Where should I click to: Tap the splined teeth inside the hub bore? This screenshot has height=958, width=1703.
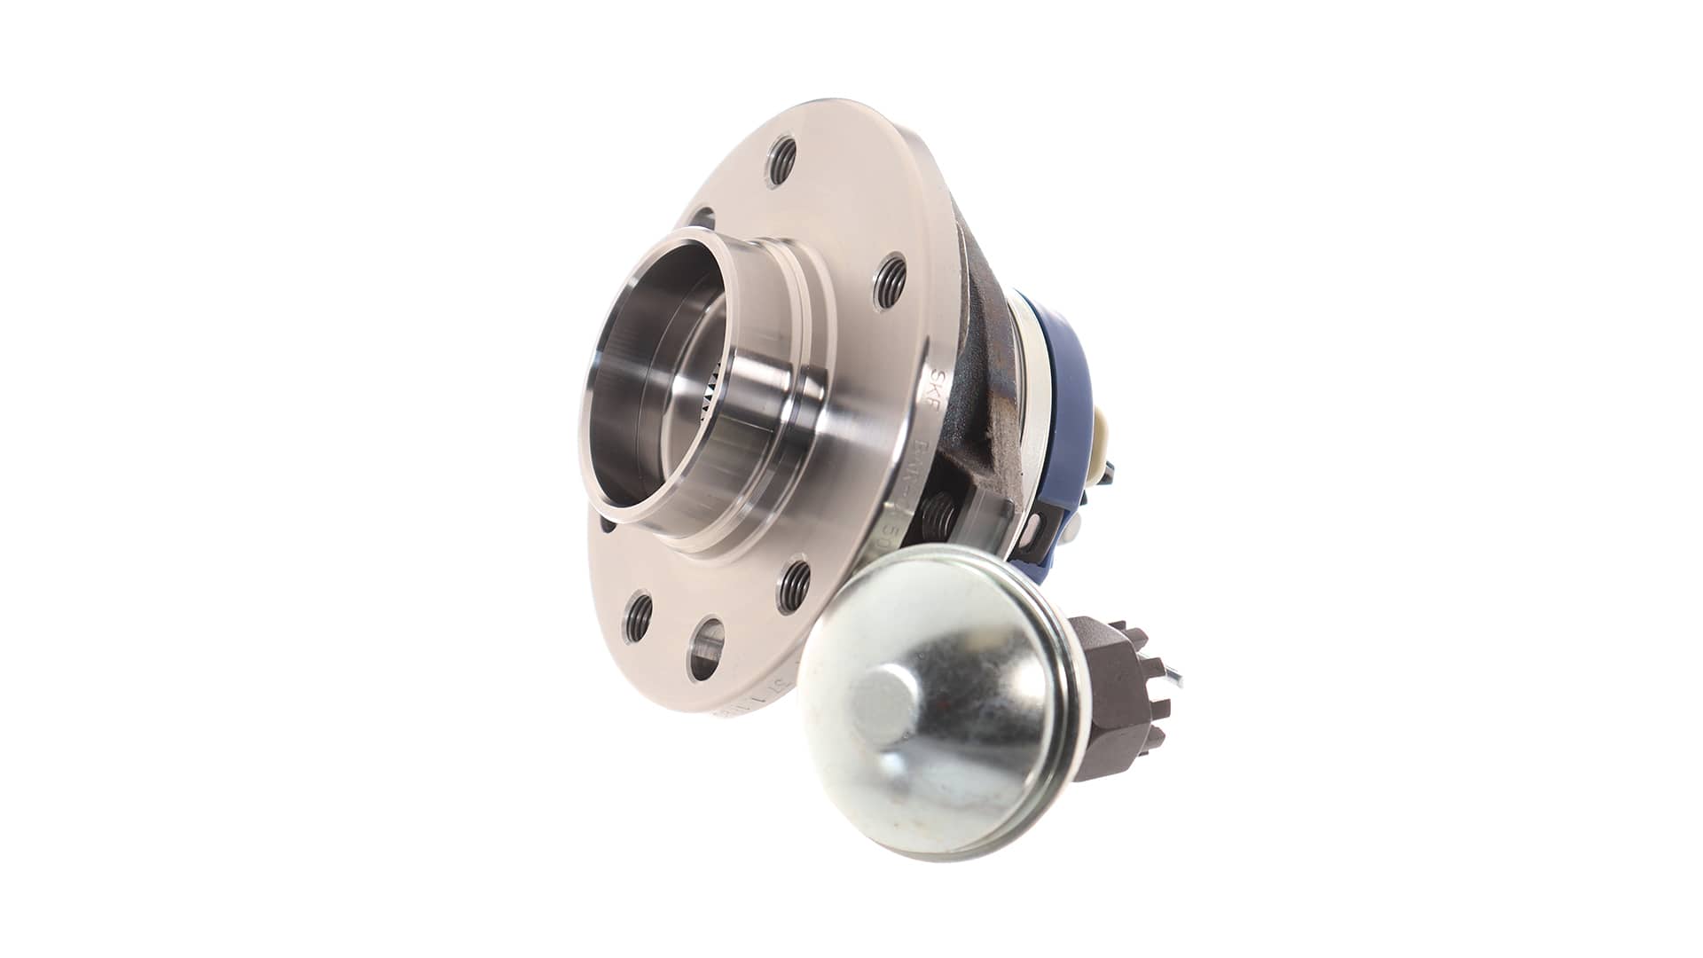[713, 410]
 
